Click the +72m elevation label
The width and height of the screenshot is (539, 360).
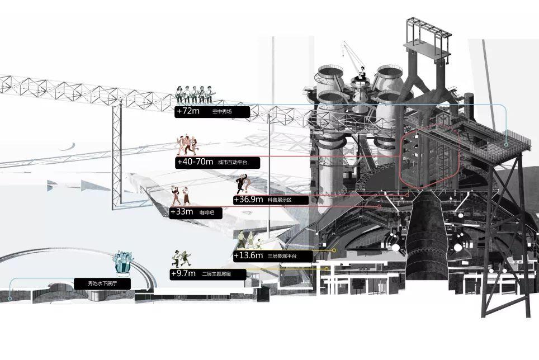187,111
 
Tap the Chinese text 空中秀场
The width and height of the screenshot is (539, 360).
222,112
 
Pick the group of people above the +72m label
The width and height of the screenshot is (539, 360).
195,94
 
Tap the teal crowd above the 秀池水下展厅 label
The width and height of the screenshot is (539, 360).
123,263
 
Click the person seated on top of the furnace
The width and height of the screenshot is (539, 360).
362,73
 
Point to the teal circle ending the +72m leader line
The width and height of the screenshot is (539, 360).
506,144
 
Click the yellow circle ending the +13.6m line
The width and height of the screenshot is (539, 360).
334,250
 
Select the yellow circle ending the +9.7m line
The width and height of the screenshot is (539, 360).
326,268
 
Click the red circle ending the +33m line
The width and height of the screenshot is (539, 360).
380,207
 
